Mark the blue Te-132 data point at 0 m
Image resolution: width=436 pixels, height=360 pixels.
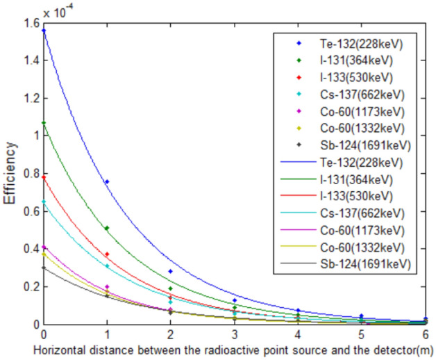(x=44, y=31)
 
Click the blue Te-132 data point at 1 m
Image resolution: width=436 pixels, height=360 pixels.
(x=108, y=182)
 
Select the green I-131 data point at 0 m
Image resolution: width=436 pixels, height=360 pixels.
(x=44, y=123)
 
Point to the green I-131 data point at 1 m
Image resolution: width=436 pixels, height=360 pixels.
(x=108, y=228)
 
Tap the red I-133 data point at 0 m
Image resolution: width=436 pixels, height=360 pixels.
(x=44, y=177)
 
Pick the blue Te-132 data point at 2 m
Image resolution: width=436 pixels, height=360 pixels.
(x=171, y=272)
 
